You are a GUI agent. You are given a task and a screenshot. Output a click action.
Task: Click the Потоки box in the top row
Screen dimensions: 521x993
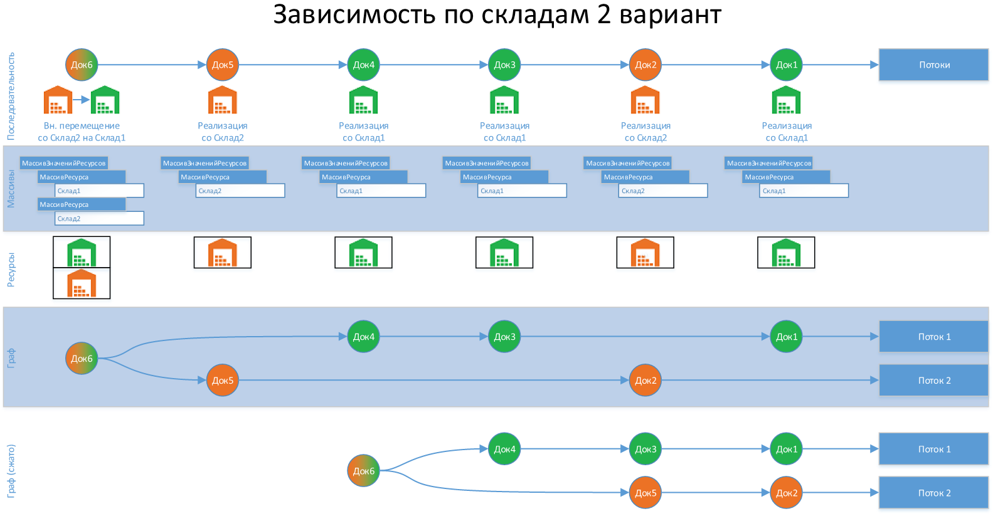tap(933, 65)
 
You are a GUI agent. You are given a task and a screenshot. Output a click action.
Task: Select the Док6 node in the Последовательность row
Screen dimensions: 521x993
tap(82, 65)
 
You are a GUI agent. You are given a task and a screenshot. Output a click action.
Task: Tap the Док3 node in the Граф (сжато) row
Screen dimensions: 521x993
tap(645, 449)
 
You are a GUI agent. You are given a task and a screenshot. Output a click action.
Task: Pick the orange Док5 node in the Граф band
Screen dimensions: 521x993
tap(223, 380)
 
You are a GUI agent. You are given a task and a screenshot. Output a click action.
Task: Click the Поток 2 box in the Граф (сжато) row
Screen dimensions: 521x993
tap(933, 493)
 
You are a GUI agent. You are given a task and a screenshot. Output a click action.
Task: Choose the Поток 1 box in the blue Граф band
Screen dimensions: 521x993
tap(933, 337)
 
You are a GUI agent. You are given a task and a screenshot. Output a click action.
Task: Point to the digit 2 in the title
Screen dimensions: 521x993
tap(603, 15)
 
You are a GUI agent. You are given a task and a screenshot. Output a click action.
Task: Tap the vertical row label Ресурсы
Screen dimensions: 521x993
tap(11, 270)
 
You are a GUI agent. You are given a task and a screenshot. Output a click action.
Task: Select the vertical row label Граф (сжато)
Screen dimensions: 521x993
tap(11, 471)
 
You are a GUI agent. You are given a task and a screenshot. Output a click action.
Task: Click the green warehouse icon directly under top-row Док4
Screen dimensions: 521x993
tap(363, 100)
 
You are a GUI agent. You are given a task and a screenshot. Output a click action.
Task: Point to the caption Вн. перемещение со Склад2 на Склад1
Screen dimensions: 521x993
tap(82, 132)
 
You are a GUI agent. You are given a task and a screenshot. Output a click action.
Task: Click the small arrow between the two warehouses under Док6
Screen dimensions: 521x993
tap(82, 100)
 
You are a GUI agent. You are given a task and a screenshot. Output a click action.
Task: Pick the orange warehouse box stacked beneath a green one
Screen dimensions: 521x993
tap(82, 283)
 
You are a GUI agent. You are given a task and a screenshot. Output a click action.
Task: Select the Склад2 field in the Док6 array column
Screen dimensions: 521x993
tap(99, 218)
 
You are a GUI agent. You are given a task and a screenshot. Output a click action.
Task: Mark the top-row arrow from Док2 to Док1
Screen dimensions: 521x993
tap(716, 65)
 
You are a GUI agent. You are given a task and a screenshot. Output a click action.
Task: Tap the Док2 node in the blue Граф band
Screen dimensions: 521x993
tap(645, 380)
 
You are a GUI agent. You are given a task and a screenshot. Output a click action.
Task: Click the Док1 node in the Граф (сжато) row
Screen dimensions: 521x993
tap(787, 449)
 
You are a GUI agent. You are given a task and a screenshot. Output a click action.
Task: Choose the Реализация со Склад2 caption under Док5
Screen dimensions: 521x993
tap(223, 132)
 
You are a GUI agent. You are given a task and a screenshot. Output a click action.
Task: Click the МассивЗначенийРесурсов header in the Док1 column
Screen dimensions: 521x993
tap(768, 163)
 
